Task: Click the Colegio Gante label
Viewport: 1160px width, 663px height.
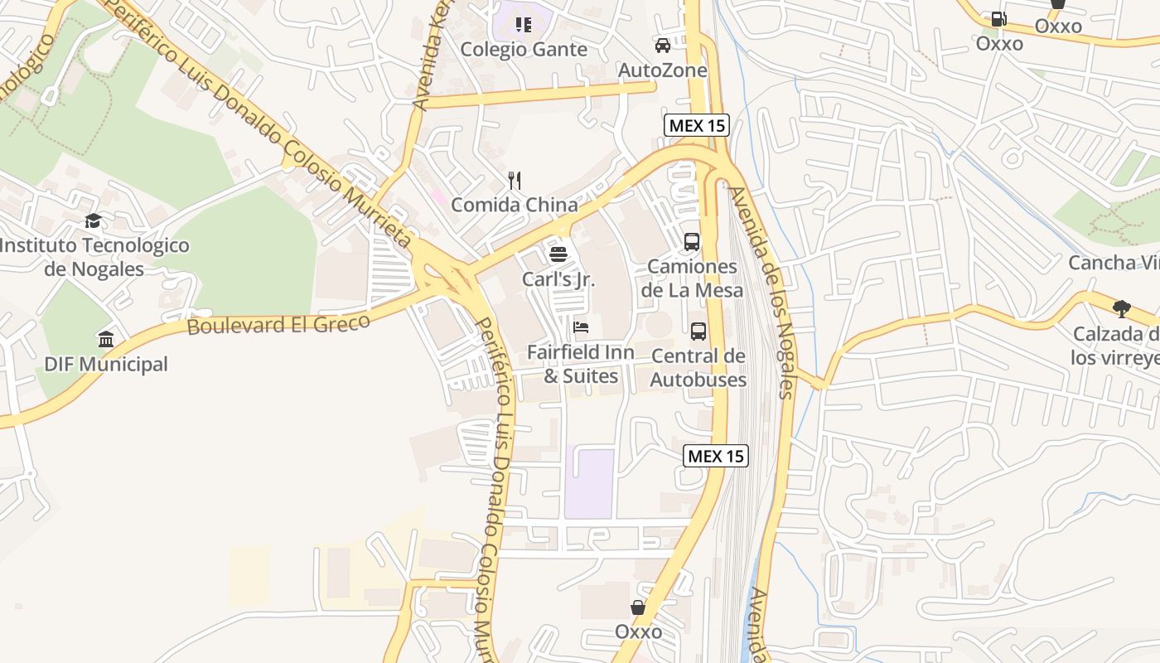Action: [524, 50]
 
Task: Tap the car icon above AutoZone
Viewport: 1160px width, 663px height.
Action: [663, 46]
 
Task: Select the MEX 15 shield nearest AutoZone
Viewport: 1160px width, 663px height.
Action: [697, 126]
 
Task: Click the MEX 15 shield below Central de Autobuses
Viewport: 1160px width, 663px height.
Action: [716, 456]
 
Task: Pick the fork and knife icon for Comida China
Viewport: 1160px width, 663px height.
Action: [515, 180]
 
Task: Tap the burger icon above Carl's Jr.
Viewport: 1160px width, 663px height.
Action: [558, 254]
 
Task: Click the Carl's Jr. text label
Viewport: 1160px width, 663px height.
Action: [558, 279]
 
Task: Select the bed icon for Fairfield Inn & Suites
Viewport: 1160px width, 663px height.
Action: [581, 327]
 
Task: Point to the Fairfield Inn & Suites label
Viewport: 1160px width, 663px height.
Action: [581, 364]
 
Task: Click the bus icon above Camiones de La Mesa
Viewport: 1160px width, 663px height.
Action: [692, 242]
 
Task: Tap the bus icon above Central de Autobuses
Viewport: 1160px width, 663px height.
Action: [698, 331]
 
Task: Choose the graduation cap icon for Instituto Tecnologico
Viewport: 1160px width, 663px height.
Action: [94, 221]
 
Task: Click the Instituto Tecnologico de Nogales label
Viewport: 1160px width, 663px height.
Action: [94, 257]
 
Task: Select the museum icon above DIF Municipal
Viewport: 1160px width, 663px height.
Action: [106, 340]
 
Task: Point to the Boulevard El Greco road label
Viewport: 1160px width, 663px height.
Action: [278, 324]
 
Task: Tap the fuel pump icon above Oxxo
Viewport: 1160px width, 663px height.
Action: [999, 18]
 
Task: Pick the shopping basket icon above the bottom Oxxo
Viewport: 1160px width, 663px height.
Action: [638, 607]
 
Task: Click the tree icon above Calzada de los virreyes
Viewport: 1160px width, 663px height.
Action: [1122, 309]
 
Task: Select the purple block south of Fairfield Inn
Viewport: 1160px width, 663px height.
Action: [590, 484]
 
